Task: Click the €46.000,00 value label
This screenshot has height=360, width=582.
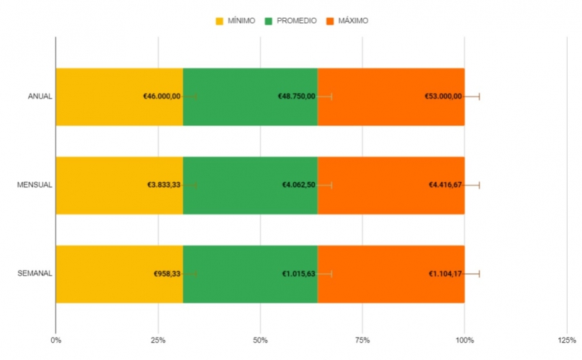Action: click(x=162, y=96)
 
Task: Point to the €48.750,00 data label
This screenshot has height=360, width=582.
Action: click(x=297, y=96)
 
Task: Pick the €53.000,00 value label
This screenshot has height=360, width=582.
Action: click(x=443, y=96)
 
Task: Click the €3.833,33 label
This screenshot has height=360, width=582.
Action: click(x=164, y=185)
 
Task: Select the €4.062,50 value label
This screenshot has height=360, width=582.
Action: click(x=298, y=185)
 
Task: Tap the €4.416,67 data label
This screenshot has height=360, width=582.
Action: click(x=445, y=185)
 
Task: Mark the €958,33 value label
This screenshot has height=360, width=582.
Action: click(x=167, y=274)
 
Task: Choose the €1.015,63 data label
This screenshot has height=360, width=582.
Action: click(x=298, y=274)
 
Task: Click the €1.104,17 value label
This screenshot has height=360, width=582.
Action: click(x=445, y=274)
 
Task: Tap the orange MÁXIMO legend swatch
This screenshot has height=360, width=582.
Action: click(x=332, y=21)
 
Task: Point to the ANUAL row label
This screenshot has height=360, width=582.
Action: click(x=40, y=96)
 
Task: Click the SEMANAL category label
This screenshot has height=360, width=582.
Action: click(x=35, y=274)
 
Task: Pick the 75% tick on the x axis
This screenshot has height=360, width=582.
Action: click(x=362, y=339)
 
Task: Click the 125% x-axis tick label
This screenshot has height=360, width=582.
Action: click(x=566, y=339)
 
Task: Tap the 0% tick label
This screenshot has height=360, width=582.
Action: click(x=55, y=339)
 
